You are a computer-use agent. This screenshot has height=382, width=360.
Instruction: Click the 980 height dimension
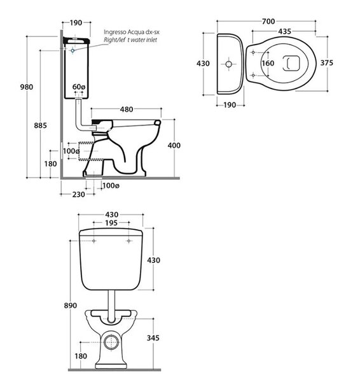(27, 87)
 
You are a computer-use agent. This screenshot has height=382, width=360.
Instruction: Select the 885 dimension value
(41, 125)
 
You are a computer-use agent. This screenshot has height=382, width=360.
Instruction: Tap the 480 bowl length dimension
(127, 110)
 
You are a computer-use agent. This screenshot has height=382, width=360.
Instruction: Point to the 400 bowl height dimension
(174, 145)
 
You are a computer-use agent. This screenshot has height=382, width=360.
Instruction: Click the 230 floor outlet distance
(79, 194)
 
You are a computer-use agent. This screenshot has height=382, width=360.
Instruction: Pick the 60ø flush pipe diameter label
(79, 87)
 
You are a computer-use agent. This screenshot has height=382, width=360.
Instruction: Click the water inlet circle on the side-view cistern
(73, 51)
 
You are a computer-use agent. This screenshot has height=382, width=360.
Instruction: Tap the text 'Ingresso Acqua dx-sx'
(132, 32)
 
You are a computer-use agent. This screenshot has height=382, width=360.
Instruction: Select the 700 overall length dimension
(268, 22)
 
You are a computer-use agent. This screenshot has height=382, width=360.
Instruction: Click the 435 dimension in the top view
(285, 31)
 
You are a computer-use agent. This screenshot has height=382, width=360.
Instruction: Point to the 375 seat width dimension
(327, 63)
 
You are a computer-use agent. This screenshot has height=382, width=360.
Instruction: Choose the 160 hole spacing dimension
(268, 63)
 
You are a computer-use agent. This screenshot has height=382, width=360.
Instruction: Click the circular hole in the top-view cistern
(228, 64)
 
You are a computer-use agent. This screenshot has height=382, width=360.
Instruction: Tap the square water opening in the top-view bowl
(291, 63)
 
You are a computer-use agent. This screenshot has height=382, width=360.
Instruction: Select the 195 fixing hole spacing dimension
(111, 223)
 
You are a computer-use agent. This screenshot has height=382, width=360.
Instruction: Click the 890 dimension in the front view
(71, 305)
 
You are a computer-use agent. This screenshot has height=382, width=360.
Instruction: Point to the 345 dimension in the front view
(153, 338)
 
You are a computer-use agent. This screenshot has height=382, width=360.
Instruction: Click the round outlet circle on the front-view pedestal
(111, 342)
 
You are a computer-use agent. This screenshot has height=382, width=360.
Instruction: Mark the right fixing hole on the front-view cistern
(128, 241)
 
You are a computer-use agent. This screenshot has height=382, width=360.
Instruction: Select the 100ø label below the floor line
(111, 186)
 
